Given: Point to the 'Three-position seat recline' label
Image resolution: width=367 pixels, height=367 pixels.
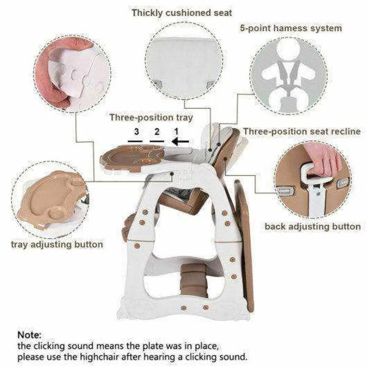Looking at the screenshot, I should pyautogui.click(x=302, y=132).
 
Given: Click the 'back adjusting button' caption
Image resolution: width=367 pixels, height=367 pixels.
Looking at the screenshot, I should pyautogui.click(x=312, y=226).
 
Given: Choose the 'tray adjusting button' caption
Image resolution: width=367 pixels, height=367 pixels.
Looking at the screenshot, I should pyautogui.click(x=56, y=244).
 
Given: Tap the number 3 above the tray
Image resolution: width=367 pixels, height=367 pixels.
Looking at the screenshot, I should pyautogui.click(x=136, y=132).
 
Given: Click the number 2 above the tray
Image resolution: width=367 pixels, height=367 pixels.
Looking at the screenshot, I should pyautogui.click(x=157, y=132).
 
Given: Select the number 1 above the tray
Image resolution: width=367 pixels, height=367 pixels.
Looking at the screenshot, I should pyautogui.click(x=177, y=132).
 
